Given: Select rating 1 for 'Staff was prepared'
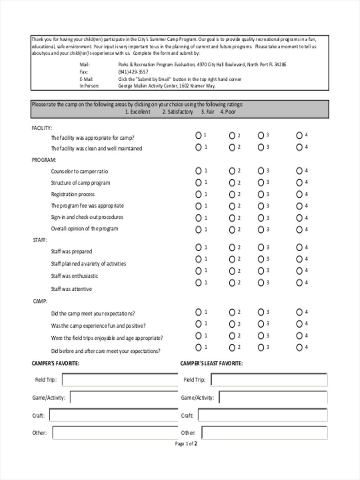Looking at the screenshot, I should [x=198, y=247].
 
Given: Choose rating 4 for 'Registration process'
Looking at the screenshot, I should [x=299, y=194].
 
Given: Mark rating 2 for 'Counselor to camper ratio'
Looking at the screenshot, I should [x=232, y=171].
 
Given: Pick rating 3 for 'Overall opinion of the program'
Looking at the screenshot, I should [x=261, y=230].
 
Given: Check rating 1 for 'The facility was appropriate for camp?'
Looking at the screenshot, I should [x=198, y=136].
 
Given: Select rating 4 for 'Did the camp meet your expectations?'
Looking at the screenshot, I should [x=299, y=312].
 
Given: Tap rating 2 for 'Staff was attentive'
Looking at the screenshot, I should [x=232, y=283].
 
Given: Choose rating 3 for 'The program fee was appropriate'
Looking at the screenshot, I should [x=261, y=206].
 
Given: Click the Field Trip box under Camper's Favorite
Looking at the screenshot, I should [x=120, y=380].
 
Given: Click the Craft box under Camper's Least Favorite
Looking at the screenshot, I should [x=262, y=415].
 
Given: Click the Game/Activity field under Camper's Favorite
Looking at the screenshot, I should [x=124, y=398].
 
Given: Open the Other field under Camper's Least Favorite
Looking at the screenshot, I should [x=264, y=432].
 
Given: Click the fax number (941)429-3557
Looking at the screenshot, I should [x=133, y=72].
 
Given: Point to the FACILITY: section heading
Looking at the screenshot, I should [x=42, y=128].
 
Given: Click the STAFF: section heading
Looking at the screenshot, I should [x=40, y=240].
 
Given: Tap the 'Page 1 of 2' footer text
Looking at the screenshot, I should [x=186, y=444].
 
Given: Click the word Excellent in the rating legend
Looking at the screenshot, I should [x=140, y=112].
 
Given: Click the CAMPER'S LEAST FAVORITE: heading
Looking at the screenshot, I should [x=211, y=363].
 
